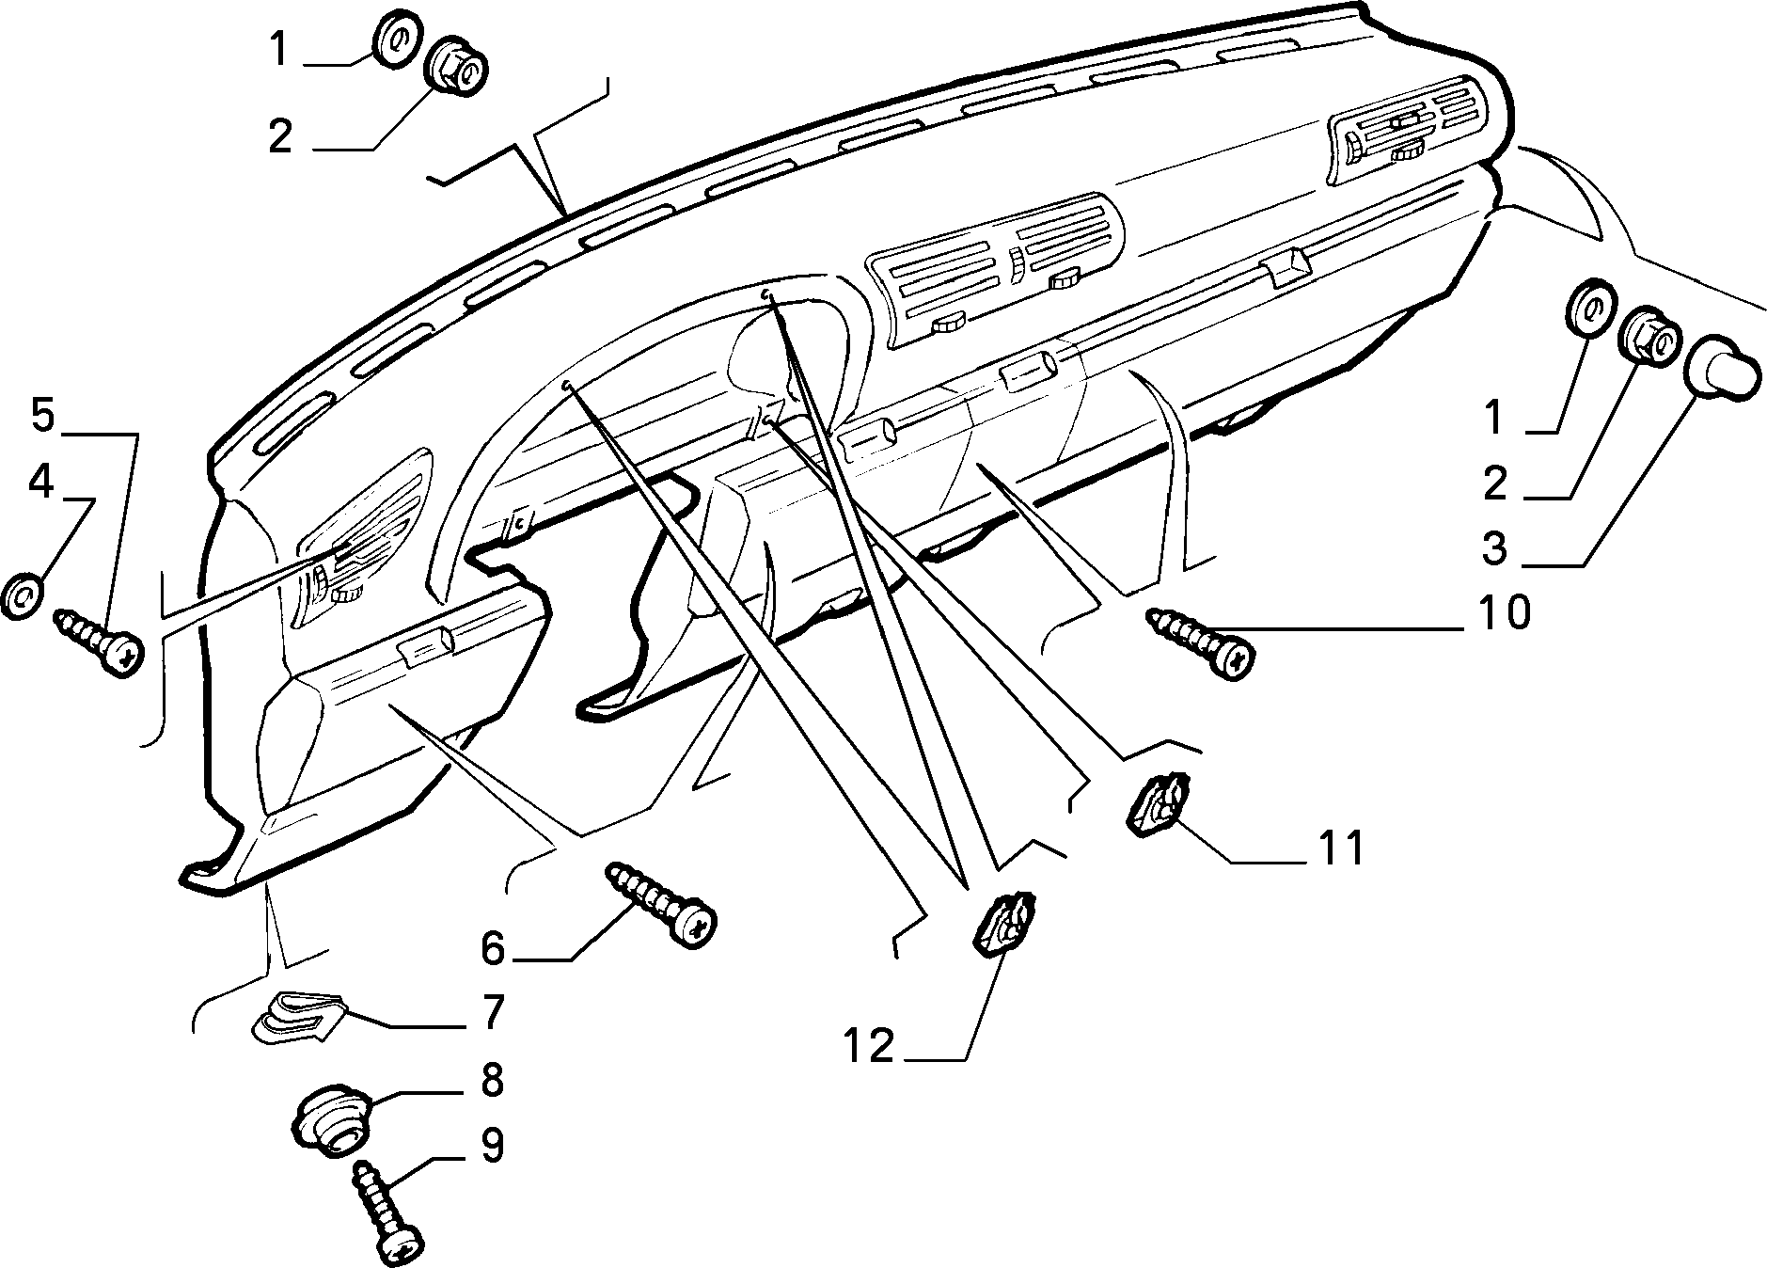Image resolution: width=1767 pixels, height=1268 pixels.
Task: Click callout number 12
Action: (x=868, y=1045)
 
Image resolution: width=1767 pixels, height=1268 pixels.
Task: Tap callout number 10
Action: (x=1505, y=613)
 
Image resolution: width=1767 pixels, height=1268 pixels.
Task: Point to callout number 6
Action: (x=493, y=948)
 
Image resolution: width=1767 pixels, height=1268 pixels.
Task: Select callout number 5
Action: (x=42, y=415)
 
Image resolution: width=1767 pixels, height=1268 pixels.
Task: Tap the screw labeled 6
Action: (x=662, y=902)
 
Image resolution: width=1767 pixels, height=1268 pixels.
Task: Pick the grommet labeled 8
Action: (x=333, y=1120)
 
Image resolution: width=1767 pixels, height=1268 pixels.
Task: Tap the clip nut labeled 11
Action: (x=1158, y=801)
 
